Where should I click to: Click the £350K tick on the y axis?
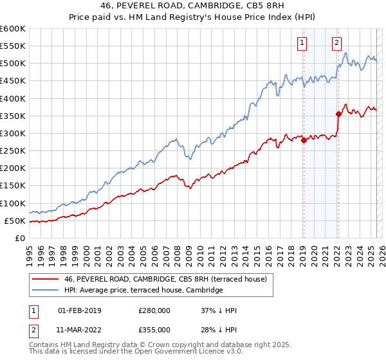pyautogui.click(x=13, y=116)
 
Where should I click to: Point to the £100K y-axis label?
pyautogui.click(x=13, y=203)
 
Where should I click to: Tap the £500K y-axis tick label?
pyautogui.click(x=13, y=64)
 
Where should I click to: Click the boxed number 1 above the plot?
pyautogui.click(x=302, y=43)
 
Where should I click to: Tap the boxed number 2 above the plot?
pyautogui.click(x=336, y=43)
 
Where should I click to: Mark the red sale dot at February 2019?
pyautogui.click(x=304, y=141)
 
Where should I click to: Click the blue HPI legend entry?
pyautogui.click(x=143, y=290)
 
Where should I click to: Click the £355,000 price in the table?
pyautogui.click(x=154, y=329)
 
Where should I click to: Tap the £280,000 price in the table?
pyautogui.click(x=154, y=310)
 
